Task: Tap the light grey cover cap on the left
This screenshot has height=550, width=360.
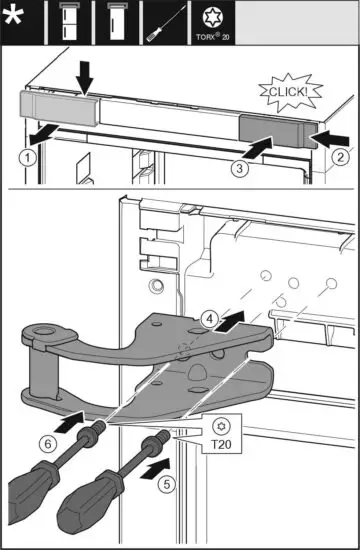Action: (57, 107)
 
